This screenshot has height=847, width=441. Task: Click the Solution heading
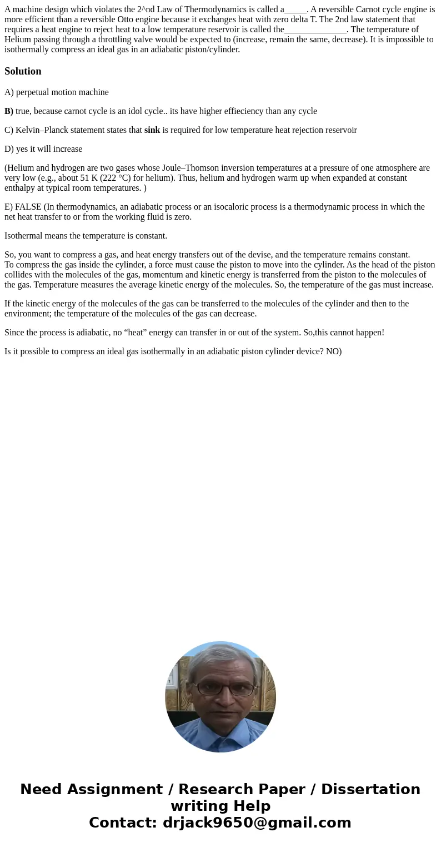[23, 71]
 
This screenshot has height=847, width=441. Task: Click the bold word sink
[152, 130]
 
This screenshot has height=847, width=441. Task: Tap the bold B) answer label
[9, 111]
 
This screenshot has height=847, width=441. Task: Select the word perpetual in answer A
[33, 92]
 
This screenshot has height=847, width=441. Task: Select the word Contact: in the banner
[123, 823]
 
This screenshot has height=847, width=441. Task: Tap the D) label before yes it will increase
[9, 149]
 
